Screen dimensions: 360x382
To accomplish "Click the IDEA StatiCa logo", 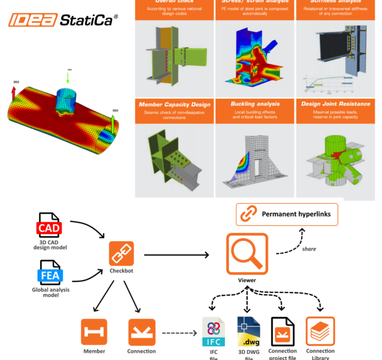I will [62, 21].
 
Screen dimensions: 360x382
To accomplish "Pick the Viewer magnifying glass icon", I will [247, 254].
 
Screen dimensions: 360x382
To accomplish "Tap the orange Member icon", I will [94, 332].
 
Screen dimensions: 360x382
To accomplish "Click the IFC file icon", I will [213, 332].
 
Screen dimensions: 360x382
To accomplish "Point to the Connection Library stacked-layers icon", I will [320, 331].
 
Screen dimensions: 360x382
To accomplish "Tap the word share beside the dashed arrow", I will [309, 249].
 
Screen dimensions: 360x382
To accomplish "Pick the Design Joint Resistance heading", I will [336, 104].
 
